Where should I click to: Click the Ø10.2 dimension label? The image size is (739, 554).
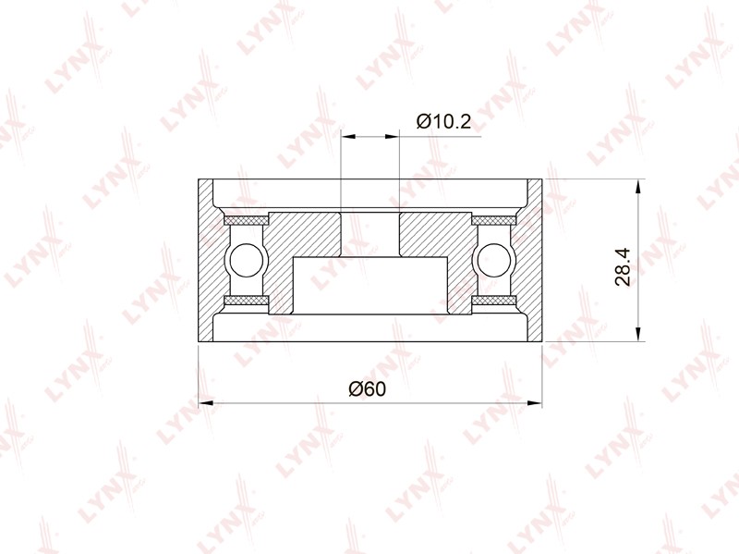click(443, 122)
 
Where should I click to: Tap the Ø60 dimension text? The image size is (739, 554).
click(367, 389)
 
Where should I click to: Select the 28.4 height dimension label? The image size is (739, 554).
click(623, 267)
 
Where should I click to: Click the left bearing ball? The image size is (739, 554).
click(246, 260)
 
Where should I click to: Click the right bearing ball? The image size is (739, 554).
click(494, 260)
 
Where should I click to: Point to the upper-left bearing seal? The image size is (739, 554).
click(246, 220)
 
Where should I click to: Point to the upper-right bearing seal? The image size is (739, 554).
click(493, 220)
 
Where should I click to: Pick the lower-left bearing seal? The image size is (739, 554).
click(246, 301)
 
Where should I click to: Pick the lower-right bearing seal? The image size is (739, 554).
click(493, 301)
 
